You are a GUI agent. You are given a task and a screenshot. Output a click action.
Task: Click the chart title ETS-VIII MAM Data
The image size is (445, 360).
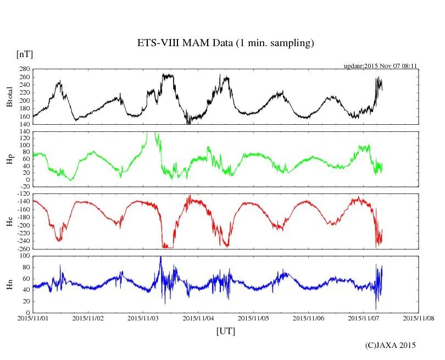point(225,43)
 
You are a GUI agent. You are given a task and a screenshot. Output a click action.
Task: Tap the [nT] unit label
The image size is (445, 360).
point(24,55)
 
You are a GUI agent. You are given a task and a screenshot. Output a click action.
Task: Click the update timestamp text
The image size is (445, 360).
point(381,65)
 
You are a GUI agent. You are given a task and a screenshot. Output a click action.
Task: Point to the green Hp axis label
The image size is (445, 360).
point(9,159)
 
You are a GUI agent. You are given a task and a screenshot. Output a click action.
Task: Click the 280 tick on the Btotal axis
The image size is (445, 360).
point(24,70)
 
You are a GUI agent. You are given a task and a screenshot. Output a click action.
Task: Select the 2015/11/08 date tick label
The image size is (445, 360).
point(419,318)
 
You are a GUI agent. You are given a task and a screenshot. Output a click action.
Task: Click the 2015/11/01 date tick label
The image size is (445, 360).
point(34,318)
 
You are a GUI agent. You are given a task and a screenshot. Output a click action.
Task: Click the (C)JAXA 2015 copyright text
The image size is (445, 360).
point(391,345)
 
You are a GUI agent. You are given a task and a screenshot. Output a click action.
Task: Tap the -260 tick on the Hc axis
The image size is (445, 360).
point(23,249)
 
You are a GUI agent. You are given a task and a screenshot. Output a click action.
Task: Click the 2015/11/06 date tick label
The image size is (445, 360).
point(310,318)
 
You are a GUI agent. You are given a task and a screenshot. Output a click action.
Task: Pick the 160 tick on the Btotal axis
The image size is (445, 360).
point(24,117)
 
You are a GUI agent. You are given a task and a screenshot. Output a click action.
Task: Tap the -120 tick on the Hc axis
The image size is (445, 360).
point(23,195)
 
